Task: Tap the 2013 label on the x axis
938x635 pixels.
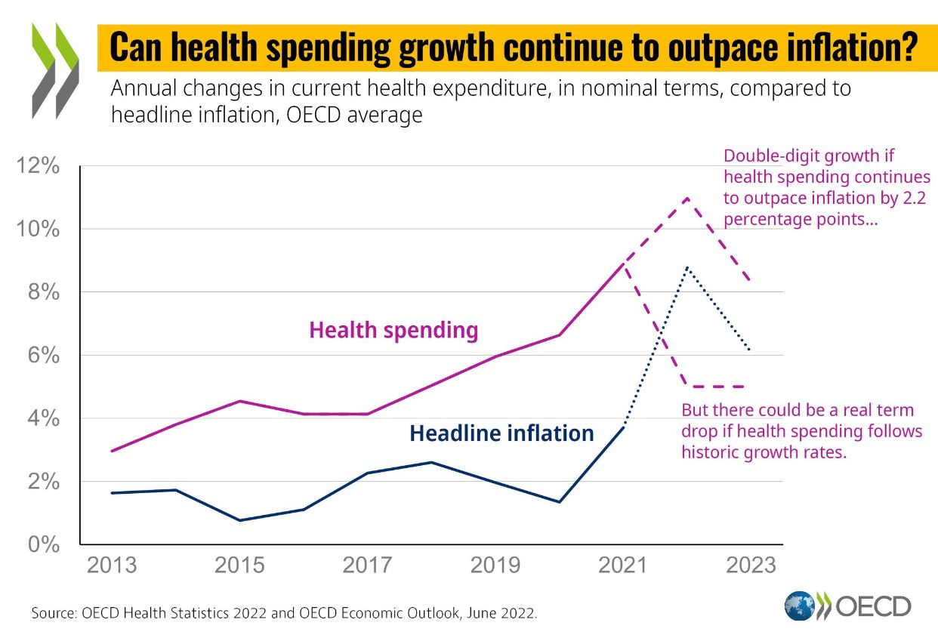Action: [x=112, y=566]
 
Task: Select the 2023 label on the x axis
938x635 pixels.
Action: [x=751, y=566]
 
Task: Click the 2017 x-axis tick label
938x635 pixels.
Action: [x=367, y=566]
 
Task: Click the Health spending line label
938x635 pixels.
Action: [x=393, y=330]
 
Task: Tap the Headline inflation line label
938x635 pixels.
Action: [x=501, y=433]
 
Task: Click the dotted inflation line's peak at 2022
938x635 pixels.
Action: [x=687, y=267]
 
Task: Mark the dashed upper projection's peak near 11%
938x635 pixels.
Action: [x=687, y=198]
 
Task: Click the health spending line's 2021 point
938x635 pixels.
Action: [x=623, y=264]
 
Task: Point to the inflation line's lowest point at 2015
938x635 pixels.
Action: [x=239, y=520]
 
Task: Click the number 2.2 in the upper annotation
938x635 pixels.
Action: [x=917, y=199]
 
